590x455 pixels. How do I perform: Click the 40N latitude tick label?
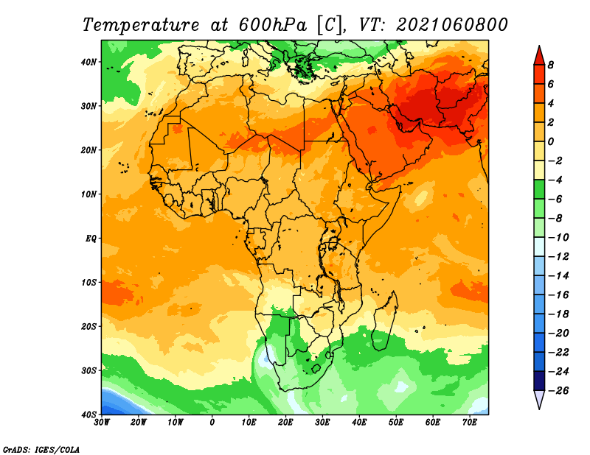88,62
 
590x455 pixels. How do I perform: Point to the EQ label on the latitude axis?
91,239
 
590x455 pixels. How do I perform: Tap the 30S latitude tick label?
88,371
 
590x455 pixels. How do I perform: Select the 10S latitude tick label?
88,283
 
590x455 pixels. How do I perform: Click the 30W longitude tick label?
102,423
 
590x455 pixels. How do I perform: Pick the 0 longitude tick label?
212,423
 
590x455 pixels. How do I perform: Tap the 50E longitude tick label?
396,423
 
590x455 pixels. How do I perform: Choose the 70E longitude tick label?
470,423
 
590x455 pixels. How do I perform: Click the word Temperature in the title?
141,25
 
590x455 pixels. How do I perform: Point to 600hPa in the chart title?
273,25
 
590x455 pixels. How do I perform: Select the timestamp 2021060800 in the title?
451,25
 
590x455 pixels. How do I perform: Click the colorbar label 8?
551,65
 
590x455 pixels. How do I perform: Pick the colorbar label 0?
551,141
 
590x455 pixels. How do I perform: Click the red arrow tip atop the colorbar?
539,46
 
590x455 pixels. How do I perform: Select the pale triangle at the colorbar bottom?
539,400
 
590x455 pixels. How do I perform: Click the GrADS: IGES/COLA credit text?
41,450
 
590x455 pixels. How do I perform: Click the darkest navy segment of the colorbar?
539,381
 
